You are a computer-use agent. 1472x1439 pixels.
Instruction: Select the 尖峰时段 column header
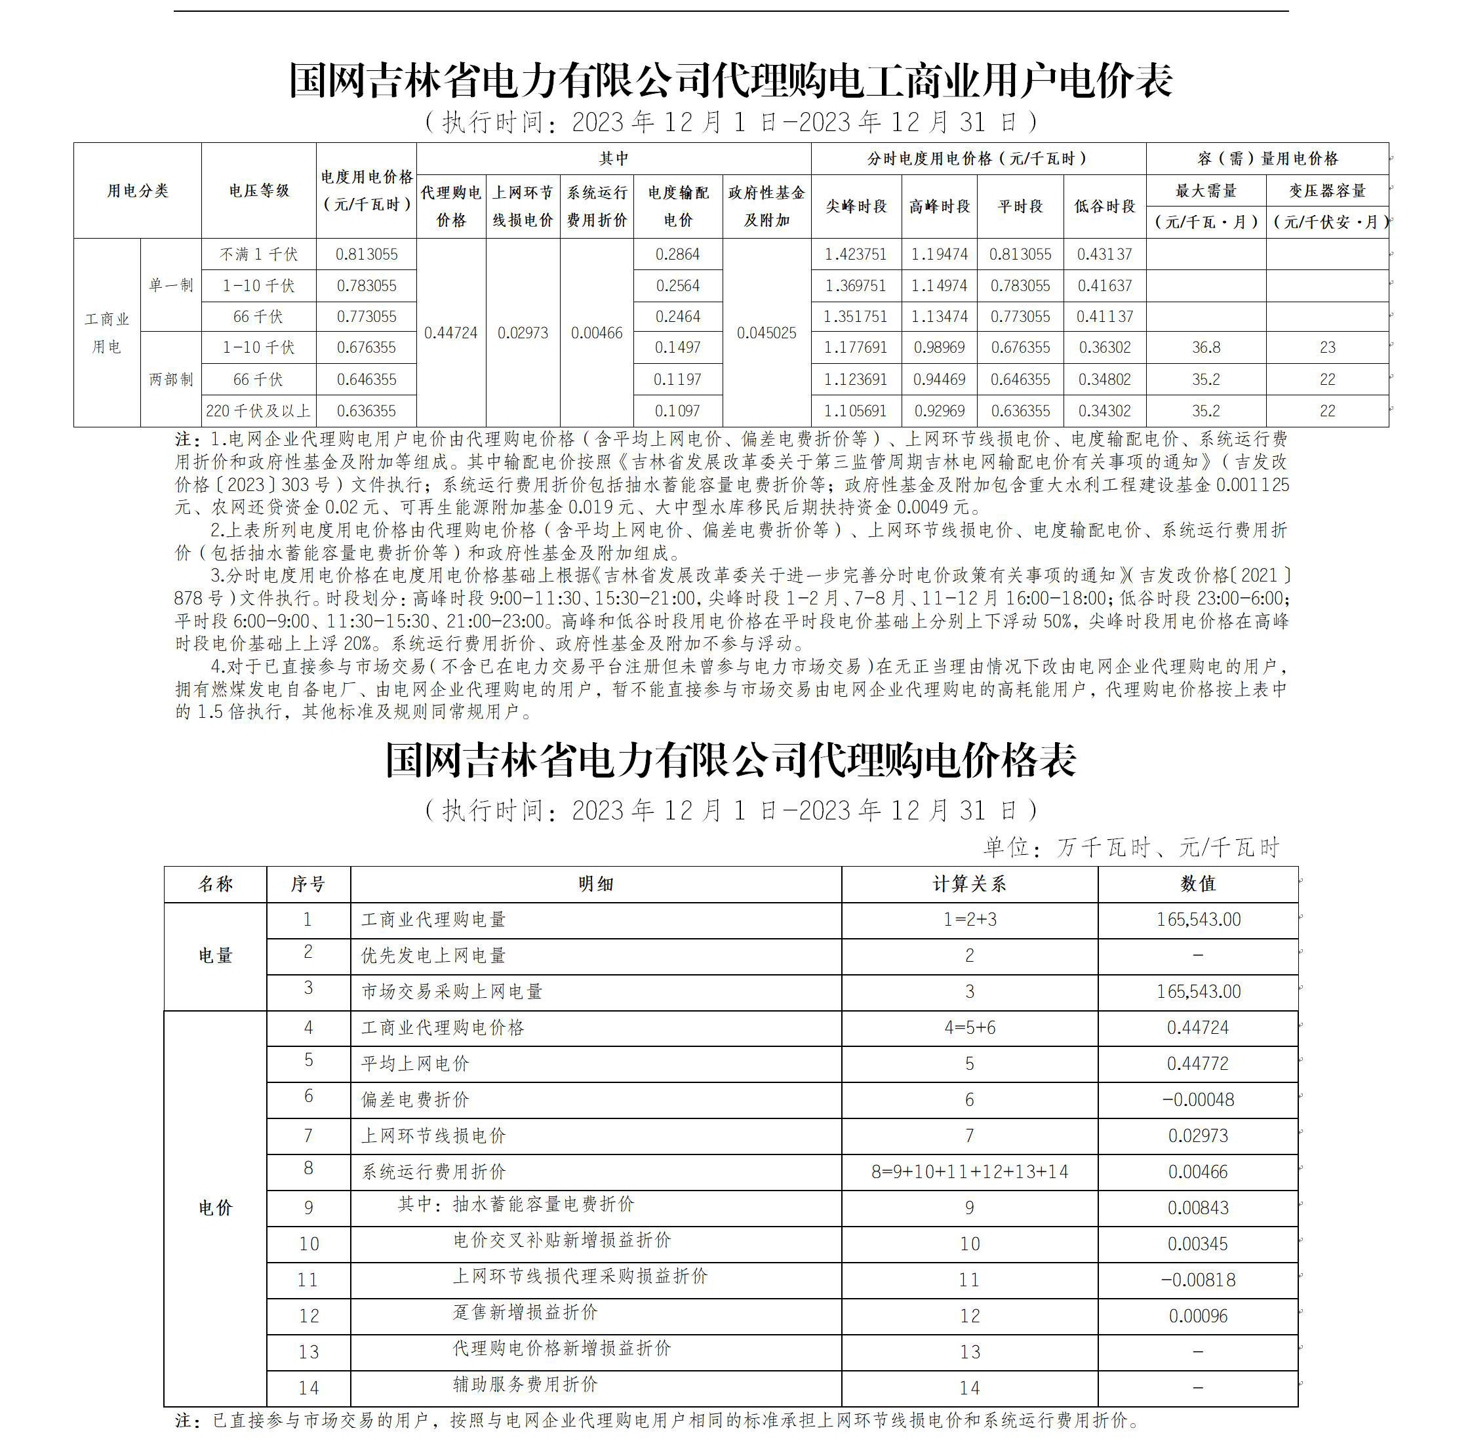click(855, 207)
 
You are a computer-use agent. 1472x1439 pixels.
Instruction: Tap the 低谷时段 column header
click(1105, 207)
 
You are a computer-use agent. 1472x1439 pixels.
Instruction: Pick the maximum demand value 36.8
click(1206, 347)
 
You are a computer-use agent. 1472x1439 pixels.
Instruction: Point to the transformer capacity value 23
click(1328, 347)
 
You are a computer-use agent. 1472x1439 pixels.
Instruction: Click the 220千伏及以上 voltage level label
click(258, 411)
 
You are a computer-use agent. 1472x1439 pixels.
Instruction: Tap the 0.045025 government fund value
click(766, 333)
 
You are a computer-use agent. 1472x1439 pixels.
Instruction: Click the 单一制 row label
click(171, 286)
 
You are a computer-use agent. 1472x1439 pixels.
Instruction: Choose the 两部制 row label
click(171, 380)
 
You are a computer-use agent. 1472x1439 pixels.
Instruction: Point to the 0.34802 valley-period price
click(1105, 380)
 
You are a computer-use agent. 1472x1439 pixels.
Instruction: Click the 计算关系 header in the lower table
click(969, 884)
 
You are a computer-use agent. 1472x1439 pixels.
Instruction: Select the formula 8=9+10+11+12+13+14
click(969, 1172)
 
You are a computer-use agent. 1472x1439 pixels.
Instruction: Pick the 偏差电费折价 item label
click(415, 1099)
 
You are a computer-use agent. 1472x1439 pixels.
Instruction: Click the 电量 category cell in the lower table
click(216, 956)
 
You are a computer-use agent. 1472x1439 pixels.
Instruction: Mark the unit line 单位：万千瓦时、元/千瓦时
click(1130, 848)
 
